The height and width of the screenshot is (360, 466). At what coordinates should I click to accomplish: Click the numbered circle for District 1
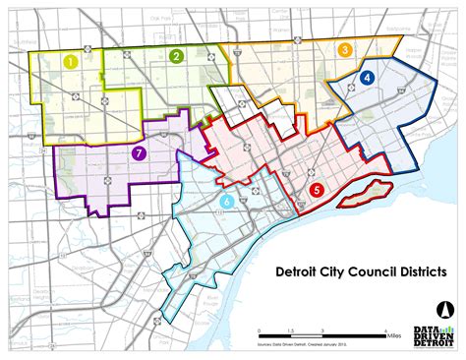(x=71, y=61)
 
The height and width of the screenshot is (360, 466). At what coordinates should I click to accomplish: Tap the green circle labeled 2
(x=175, y=56)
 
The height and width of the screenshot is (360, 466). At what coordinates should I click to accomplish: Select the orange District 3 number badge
(x=344, y=50)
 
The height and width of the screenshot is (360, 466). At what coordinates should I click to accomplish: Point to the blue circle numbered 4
(x=367, y=77)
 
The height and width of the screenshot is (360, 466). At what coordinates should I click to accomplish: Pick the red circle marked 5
(x=316, y=190)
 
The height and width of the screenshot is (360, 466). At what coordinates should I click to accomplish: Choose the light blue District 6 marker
(x=227, y=202)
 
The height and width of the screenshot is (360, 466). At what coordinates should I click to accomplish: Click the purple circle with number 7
(x=140, y=152)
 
